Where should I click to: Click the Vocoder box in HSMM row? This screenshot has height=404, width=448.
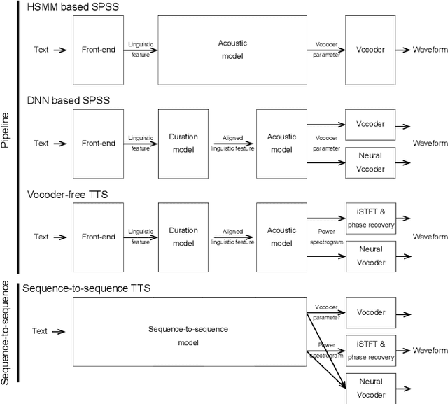pyautogui.click(x=370, y=50)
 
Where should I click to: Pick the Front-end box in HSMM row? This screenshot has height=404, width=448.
pyautogui.click(x=98, y=50)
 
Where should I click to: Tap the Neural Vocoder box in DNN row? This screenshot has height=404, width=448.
pyautogui.click(x=370, y=161)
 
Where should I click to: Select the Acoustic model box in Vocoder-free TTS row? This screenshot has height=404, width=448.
pyautogui.click(x=281, y=237)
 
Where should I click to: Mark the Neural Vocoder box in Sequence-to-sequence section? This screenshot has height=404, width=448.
pyautogui.click(x=370, y=389)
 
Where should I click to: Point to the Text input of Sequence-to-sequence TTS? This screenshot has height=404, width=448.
pyautogui.click(x=39, y=331)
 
